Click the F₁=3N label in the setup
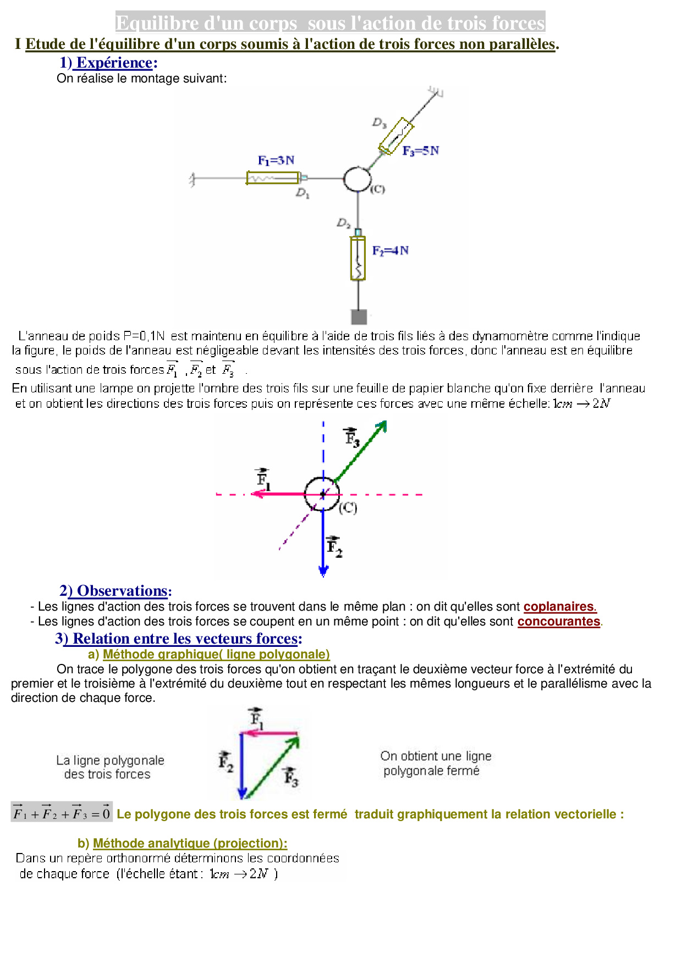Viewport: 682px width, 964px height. coord(276,160)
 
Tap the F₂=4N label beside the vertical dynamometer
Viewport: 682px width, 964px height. coord(390,251)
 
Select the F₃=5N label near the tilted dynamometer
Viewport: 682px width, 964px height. coord(420,151)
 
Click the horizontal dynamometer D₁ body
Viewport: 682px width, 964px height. coord(273,178)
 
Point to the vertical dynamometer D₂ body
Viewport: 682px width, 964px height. coord(358,258)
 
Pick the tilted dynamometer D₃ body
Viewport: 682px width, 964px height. coord(396,136)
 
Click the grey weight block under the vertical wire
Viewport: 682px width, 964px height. coord(359,317)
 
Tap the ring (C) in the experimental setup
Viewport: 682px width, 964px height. coord(358,179)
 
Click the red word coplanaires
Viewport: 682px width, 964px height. coord(559,607)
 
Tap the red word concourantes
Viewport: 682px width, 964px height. coord(558,622)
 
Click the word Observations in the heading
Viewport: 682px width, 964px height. coord(122,591)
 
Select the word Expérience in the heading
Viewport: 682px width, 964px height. coord(114,63)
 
